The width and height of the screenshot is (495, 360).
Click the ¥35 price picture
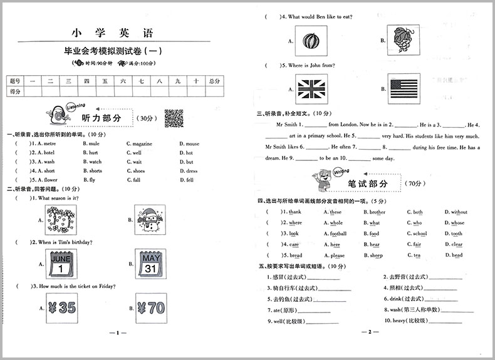coord(61,308)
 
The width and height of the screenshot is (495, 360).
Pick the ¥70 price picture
coord(150,308)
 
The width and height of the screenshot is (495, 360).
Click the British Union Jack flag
coord(310,88)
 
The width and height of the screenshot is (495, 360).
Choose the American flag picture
coord(402,88)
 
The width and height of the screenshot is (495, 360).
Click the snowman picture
coord(150,219)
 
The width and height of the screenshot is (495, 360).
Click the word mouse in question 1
coord(192,143)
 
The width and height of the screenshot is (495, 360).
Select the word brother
coord(377,212)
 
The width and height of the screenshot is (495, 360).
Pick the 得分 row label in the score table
coord(16,91)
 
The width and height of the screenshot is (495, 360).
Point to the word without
coord(459,212)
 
